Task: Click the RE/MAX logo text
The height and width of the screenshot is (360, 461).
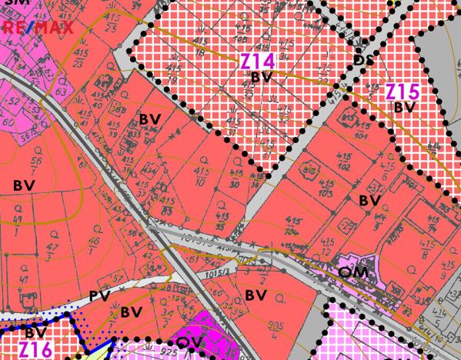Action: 38,28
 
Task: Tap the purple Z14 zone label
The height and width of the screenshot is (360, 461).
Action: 256,61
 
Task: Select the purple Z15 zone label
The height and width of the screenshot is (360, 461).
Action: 402,92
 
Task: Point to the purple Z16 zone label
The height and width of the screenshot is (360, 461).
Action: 35,350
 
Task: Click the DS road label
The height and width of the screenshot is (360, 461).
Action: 362,58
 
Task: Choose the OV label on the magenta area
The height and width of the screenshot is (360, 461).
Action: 189,342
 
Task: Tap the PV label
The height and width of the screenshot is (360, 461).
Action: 99,295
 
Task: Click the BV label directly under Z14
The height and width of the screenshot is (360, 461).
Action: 262,77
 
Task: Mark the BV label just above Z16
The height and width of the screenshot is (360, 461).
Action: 35,333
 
